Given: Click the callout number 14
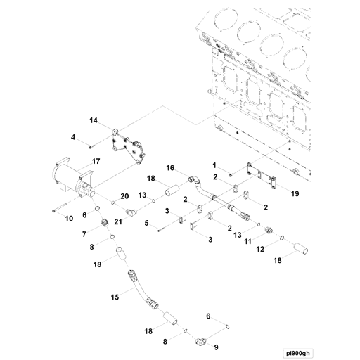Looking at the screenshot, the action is click(x=94, y=120).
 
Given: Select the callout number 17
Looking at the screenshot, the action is click(x=96, y=161).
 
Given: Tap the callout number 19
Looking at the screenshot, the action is click(x=295, y=193).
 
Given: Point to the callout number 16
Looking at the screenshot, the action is click(x=170, y=168).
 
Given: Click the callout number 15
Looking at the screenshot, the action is click(x=115, y=297).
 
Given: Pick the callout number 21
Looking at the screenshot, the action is click(x=118, y=221).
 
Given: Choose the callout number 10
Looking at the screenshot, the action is click(x=69, y=219).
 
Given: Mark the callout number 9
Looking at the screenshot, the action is click(x=216, y=347).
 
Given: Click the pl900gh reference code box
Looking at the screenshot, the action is click(x=298, y=353).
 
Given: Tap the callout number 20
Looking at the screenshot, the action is click(x=124, y=196).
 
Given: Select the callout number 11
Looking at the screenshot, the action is click(x=247, y=241).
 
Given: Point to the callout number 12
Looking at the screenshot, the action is click(x=260, y=249).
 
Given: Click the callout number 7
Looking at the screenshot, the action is click(x=84, y=234).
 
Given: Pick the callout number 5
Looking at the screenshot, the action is click(x=146, y=223).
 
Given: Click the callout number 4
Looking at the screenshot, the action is click(x=73, y=137).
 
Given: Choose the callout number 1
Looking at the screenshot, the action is click(x=214, y=165).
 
